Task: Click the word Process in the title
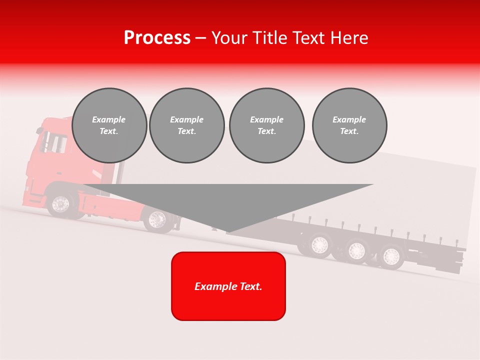point(157,38)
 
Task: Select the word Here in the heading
point(349,38)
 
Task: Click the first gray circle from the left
point(109,125)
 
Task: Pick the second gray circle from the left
point(186,125)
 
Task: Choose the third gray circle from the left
point(266,125)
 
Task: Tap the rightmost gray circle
point(349,125)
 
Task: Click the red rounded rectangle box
point(228,286)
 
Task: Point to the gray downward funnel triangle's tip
point(228,231)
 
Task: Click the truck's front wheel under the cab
point(61,204)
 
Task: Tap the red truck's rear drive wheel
point(157,219)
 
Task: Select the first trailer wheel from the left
point(319,244)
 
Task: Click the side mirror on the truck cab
point(39,130)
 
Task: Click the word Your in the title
point(228,38)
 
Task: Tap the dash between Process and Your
point(201,38)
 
